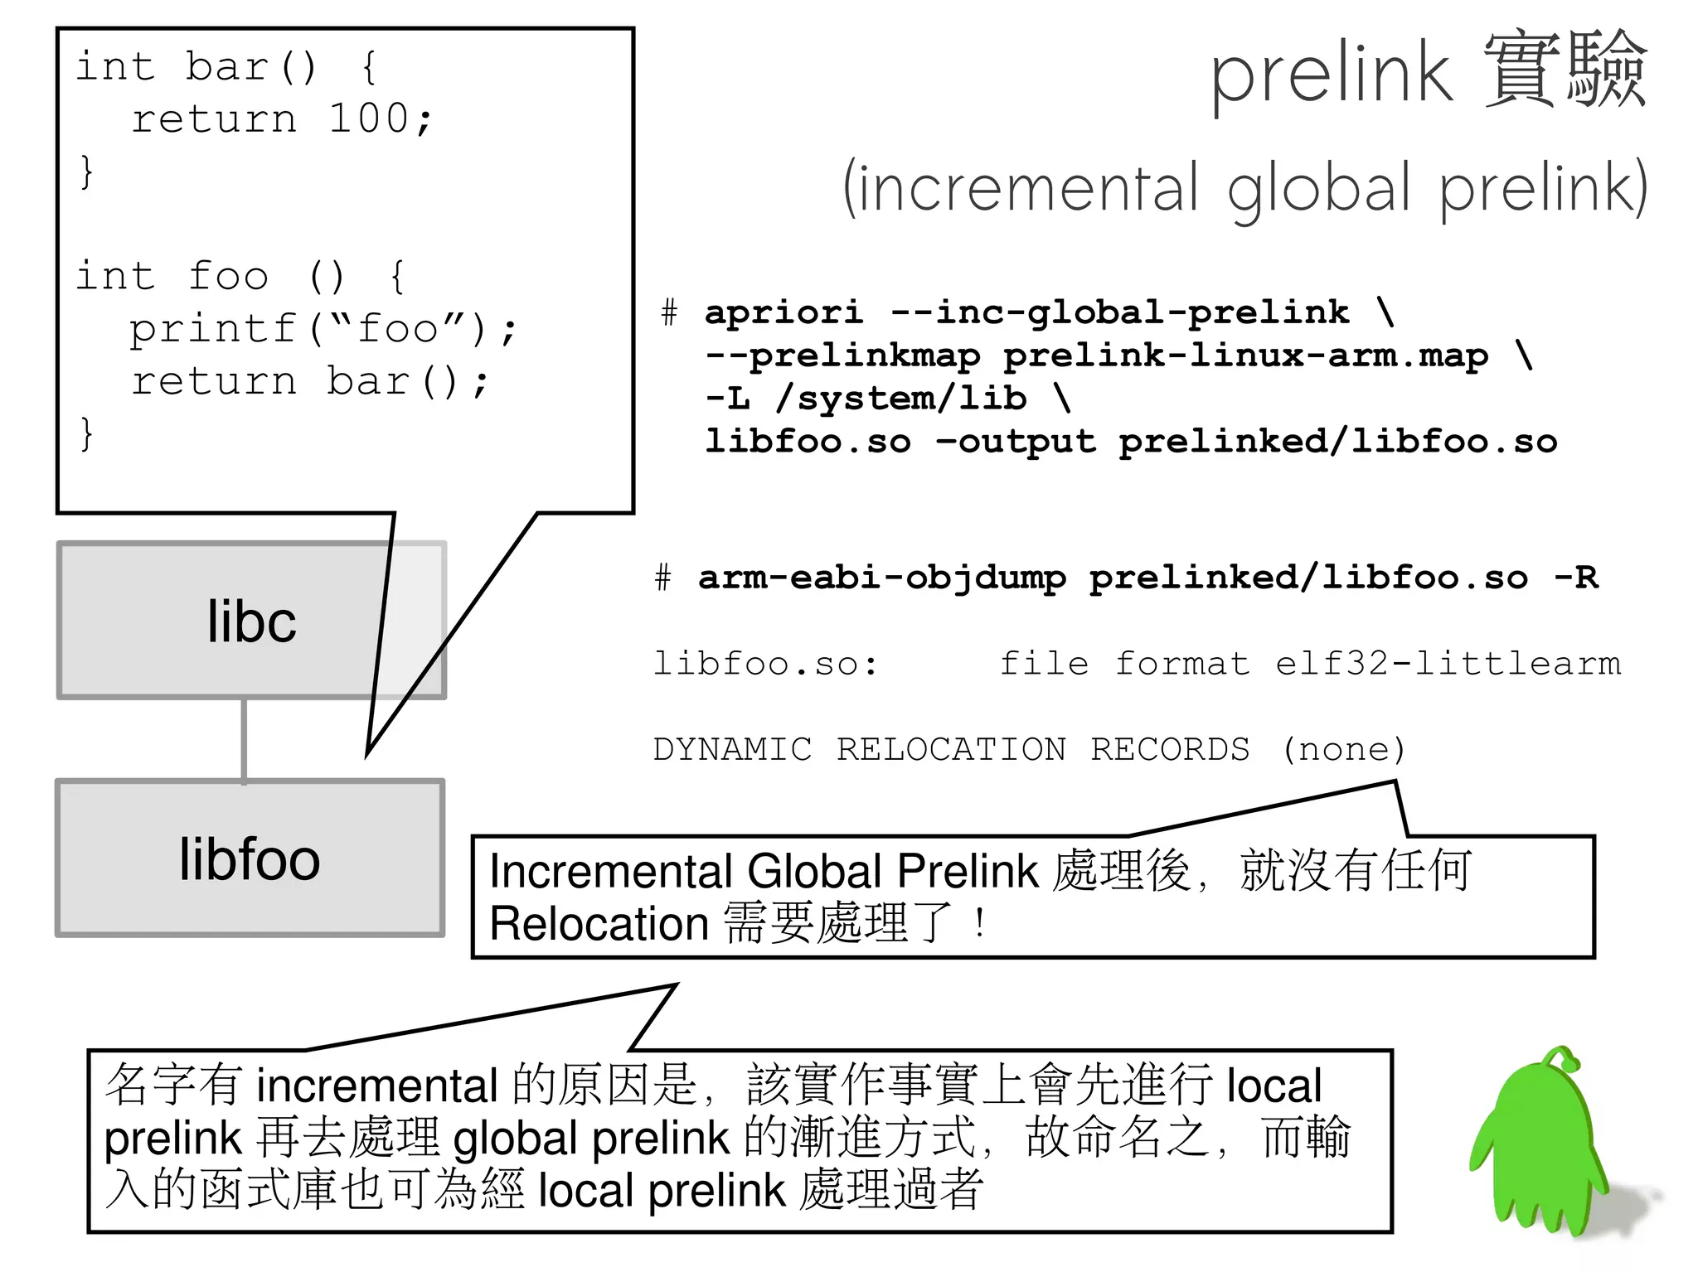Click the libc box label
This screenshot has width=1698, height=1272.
tap(251, 621)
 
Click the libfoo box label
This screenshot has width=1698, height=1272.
tap(250, 859)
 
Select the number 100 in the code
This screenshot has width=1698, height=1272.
tap(368, 118)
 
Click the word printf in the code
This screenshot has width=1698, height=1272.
tap(213, 329)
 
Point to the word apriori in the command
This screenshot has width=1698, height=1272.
tap(784, 312)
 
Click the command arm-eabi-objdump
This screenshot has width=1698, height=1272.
tap(882, 578)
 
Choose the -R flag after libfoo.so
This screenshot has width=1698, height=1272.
tap(1575, 578)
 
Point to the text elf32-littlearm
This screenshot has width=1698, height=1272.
tap(1448, 664)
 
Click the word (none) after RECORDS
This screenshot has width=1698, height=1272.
tap(1343, 749)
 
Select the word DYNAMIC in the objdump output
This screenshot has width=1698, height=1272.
tap(732, 749)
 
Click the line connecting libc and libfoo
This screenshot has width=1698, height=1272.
tap(244, 739)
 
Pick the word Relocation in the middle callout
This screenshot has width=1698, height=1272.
tap(599, 924)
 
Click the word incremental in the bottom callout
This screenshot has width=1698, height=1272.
tap(377, 1086)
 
